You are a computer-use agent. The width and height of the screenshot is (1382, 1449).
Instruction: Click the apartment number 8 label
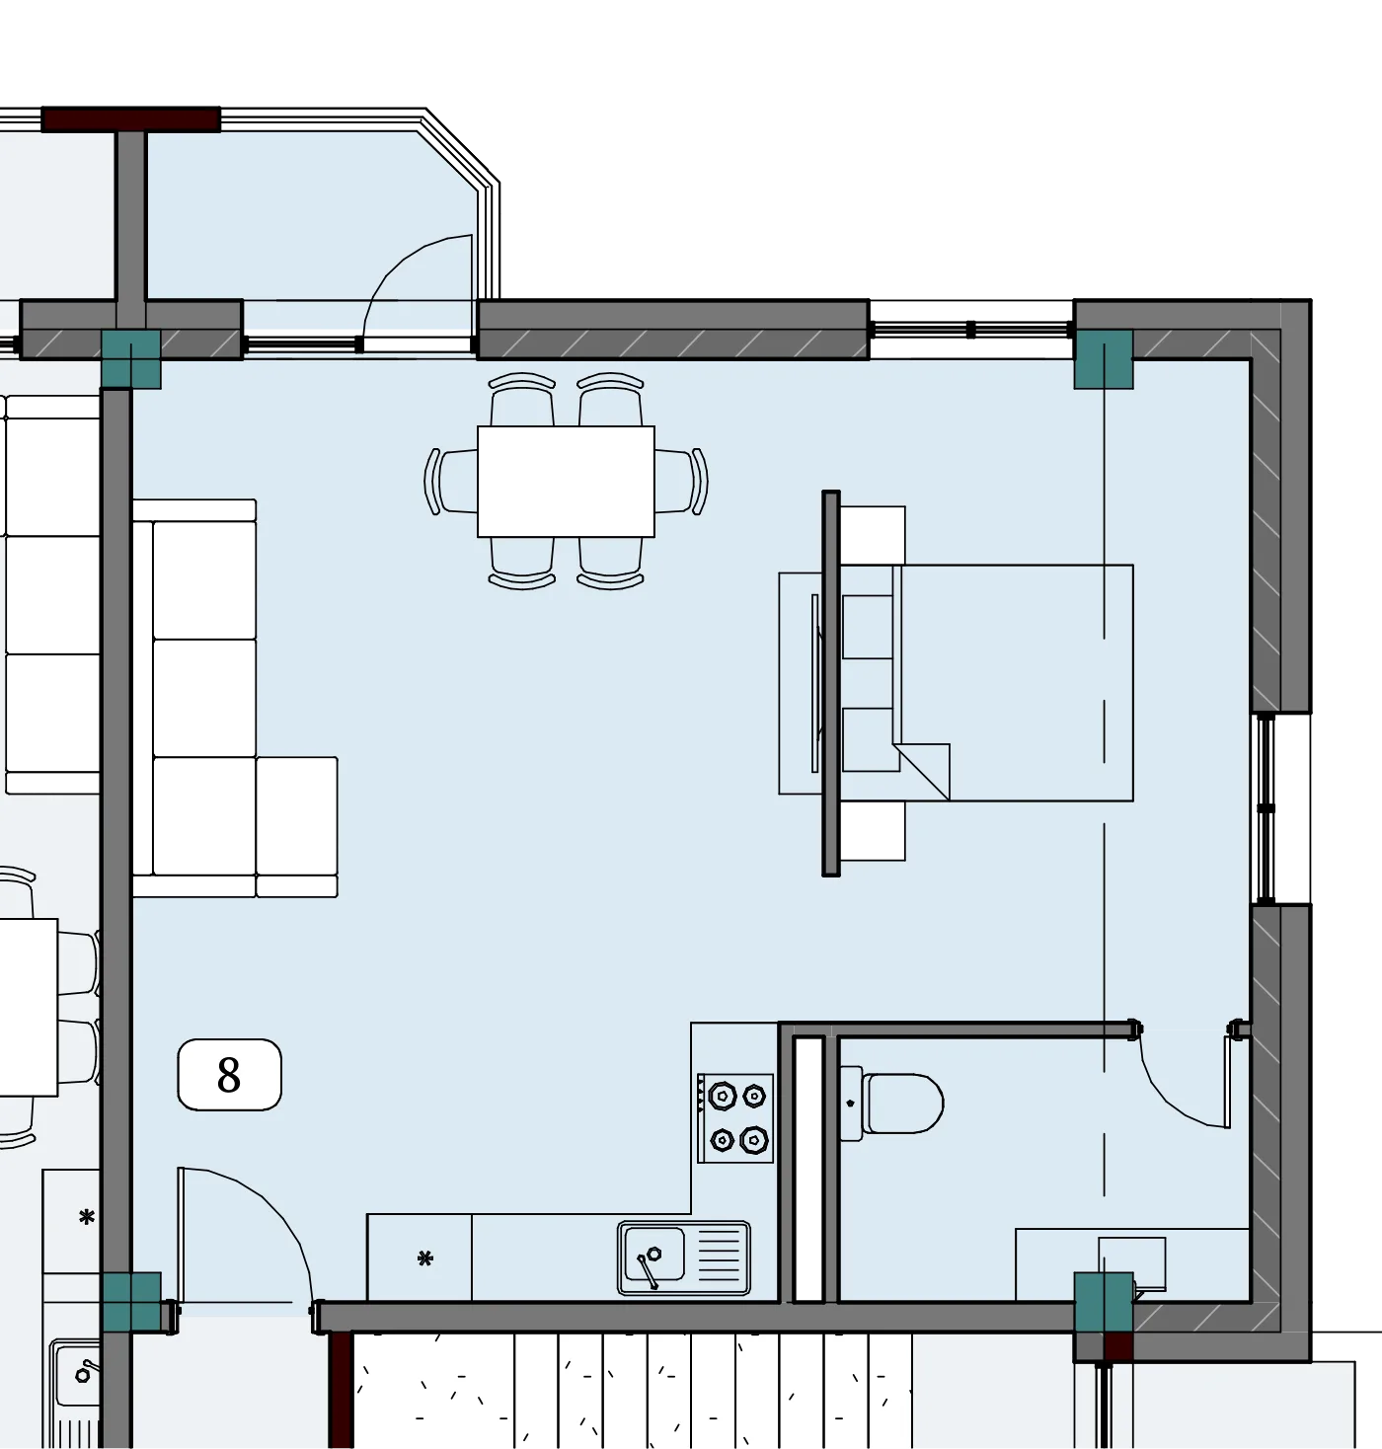pyautogui.click(x=229, y=1075)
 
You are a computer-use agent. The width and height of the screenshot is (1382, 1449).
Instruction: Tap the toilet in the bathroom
pyautogui.click(x=891, y=1104)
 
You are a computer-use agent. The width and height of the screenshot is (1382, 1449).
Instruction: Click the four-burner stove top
pyautogui.click(x=735, y=1118)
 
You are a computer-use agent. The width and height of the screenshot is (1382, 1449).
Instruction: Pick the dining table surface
pyautogui.click(x=566, y=482)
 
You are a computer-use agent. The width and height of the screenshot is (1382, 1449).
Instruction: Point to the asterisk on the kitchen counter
pyautogui.click(x=425, y=1258)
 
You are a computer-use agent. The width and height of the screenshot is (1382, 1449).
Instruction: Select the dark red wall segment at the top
pyautogui.click(x=131, y=119)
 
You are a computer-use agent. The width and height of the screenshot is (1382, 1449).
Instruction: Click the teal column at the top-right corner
pyautogui.click(x=1104, y=359)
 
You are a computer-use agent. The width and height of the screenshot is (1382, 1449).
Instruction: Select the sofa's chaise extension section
pyautogui.click(x=297, y=826)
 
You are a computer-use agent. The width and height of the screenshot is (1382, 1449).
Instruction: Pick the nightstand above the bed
pyautogui.click(x=873, y=535)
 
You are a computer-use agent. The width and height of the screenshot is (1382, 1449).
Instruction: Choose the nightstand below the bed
pyautogui.click(x=873, y=831)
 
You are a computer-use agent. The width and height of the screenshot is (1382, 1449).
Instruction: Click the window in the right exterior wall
pyautogui.click(x=1266, y=808)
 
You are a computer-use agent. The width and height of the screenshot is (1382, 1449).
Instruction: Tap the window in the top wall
pyautogui.click(x=970, y=330)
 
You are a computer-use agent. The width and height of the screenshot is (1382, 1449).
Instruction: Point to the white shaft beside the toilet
pyautogui.click(x=808, y=1170)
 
